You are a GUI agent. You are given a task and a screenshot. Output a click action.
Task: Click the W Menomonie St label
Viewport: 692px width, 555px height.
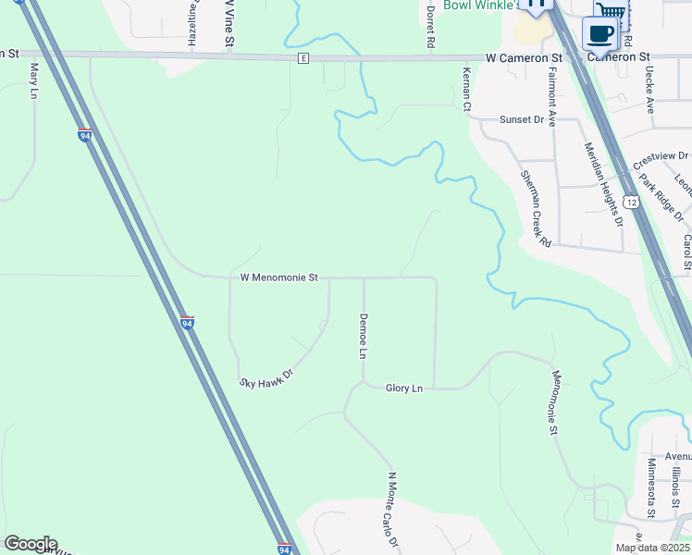pyautogui.click(x=278, y=277)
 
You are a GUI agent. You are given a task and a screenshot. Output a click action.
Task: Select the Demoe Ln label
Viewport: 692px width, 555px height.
pyautogui.click(x=364, y=336)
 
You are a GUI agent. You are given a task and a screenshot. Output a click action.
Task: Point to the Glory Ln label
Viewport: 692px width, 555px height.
pyautogui.click(x=403, y=388)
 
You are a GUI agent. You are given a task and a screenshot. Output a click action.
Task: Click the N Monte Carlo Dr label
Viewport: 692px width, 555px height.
pyautogui.click(x=392, y=510)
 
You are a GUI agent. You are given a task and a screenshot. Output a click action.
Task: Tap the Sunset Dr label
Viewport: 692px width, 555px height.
pyautogui.click(x=522, y=120)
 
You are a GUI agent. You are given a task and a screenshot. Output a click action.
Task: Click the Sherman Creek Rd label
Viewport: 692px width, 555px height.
pyautogui.click(x=536, y=208)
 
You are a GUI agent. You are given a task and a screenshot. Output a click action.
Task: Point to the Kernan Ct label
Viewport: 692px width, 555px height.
pyautogui.click(x=467, y=89)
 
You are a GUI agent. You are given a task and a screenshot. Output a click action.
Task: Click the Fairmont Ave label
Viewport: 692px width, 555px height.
pyautogui.click(x=551, y=95)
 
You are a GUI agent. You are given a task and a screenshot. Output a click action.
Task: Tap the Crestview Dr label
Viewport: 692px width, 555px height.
pyautogui.click(x=662, y=159)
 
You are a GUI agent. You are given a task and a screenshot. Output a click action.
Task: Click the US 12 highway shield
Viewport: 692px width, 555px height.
pyautogui.click(x=631, y=201)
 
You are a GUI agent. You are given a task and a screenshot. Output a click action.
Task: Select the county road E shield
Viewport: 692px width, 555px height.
pyautogui.click(x=303, y=58)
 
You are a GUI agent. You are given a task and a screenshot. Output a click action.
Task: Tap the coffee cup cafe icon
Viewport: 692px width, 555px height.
pyautogui.click(x=599, y=34)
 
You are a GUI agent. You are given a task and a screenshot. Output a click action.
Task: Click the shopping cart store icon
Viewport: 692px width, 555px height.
pyautogui.click(x=612, y=11)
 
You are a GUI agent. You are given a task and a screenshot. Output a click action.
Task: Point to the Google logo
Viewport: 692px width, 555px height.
pyautogui.click(x=30, y=544)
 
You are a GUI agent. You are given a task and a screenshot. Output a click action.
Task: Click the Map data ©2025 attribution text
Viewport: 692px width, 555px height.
pyautogui.click(x=653, y=548)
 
